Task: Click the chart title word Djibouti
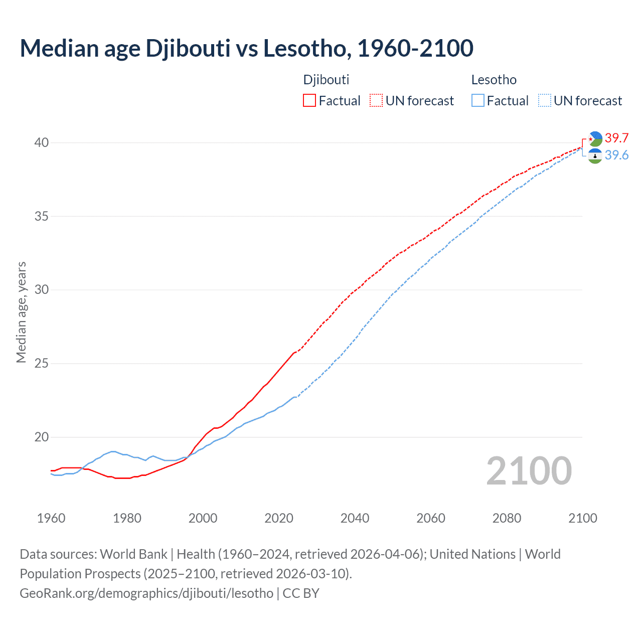188,49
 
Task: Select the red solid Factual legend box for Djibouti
309,101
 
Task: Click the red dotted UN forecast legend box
376,101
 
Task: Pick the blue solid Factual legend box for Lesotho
478,101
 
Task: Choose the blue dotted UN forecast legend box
545,101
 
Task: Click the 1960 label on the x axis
51,518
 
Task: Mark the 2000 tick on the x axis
203,518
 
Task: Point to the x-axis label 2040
355,518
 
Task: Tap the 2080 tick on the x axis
507,518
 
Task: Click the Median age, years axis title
21,312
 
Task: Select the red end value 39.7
616,138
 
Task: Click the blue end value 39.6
616,155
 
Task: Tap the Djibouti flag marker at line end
595,138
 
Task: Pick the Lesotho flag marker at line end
595,156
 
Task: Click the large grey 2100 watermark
529,471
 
